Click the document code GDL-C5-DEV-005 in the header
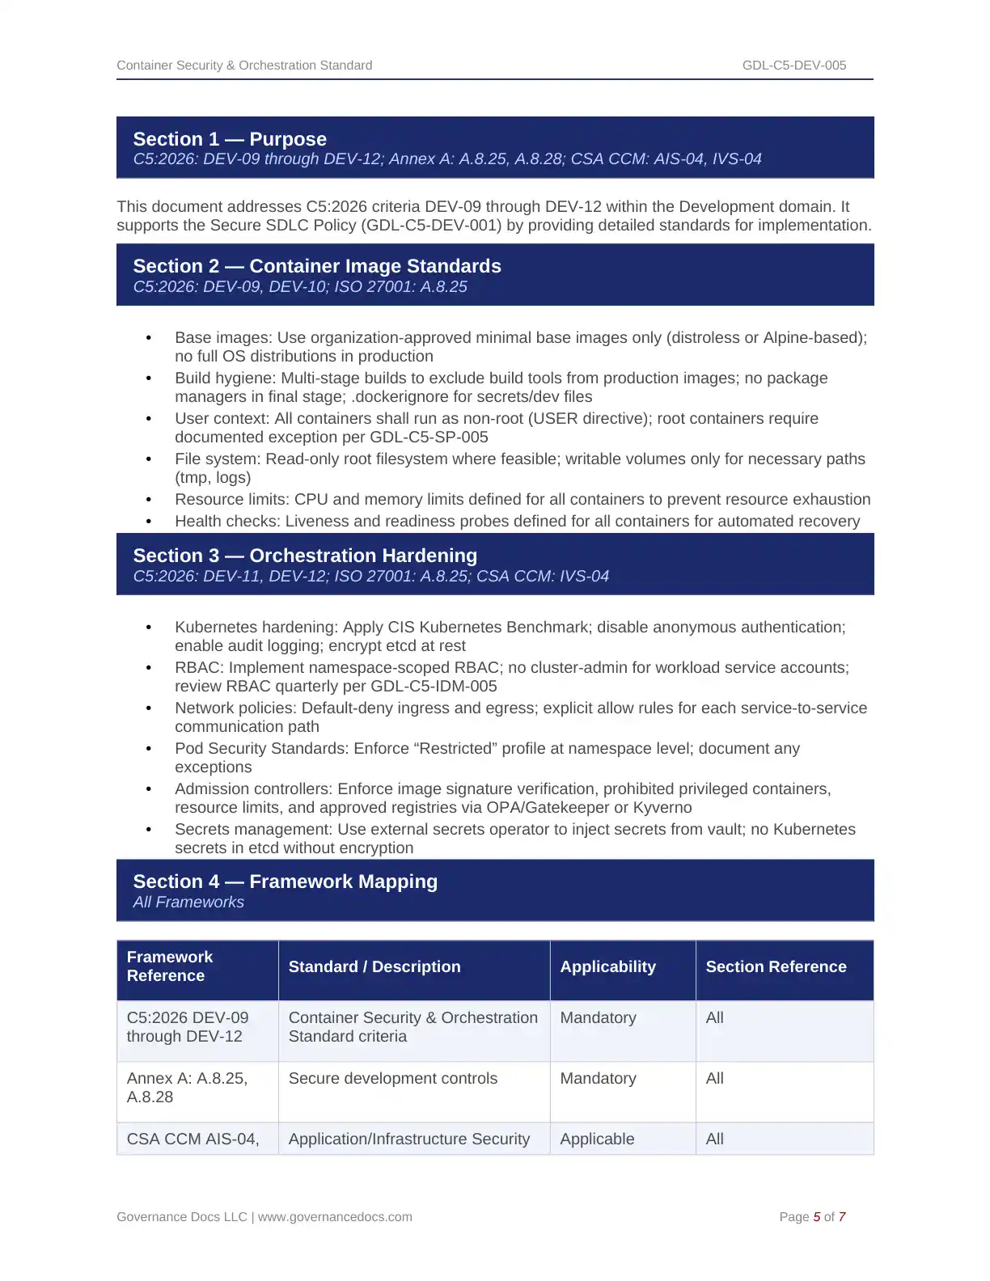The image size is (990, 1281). pos(793,66)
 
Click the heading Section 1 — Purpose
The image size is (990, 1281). pos(230,139)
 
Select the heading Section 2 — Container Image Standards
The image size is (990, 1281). pos(317,266)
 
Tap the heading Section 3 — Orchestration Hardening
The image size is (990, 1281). pos(305,556)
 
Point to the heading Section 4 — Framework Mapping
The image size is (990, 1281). pos(285,881)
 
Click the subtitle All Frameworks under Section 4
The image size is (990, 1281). pos(188,903)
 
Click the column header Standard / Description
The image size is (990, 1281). pos(374,967)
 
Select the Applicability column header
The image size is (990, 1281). pos(607,967)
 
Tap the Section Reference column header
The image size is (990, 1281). pos(776,967)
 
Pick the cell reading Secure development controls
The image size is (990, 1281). pos(393,1079)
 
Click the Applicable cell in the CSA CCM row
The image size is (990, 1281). pos(597,1139)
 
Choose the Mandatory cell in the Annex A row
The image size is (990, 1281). pos(598,1079)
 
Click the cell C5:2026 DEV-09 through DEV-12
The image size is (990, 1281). pos(188,1027)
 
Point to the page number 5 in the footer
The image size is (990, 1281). pos(817,1217)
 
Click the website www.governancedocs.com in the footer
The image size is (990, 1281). pos(335,1217)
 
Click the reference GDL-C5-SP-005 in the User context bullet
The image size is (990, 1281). pos(429,438)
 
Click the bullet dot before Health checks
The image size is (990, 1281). pos(149,522)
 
